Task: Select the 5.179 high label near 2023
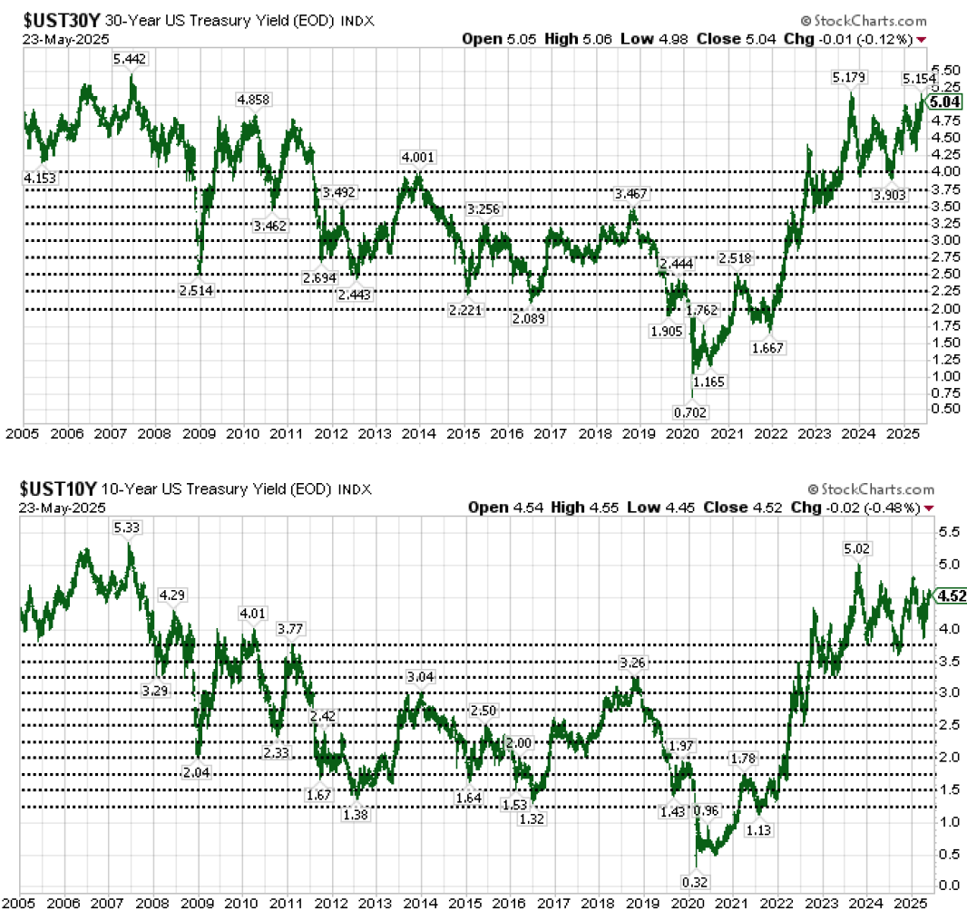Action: pos(850,79)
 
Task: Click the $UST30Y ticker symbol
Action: pos(55,21)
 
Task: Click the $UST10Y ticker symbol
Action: pos(55,489)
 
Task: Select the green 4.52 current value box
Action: pos(950,595)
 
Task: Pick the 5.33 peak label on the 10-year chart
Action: pos(127,527)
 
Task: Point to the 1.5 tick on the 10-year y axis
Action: pos(947,789)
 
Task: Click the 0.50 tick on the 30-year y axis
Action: pos(947,410)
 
